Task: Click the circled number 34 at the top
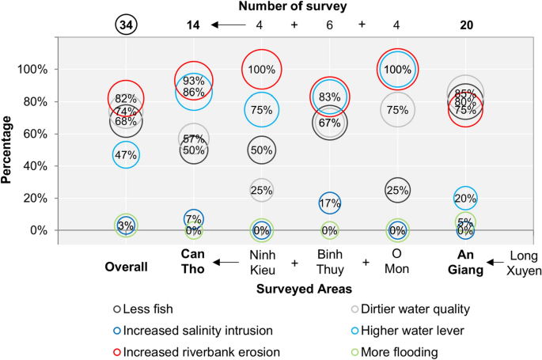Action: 125,25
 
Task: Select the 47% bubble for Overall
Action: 126,155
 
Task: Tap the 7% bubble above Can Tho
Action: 193,219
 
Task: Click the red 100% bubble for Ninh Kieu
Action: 261,70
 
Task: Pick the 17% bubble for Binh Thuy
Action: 330,203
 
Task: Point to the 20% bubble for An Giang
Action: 465,199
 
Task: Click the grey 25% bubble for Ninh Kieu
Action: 261,190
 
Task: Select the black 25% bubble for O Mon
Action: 397,190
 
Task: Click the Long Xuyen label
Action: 525,263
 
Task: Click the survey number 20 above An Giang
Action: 466,25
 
